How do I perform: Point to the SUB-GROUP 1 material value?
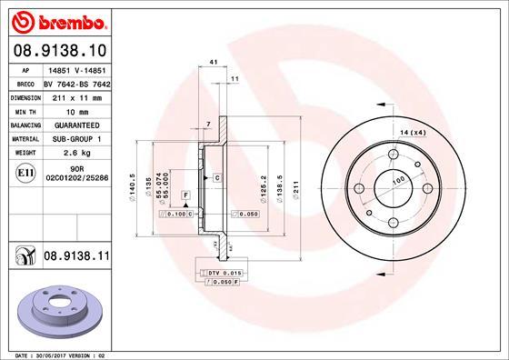(79, 139)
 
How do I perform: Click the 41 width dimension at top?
(213, 61)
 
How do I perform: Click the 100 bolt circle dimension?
(397, 181)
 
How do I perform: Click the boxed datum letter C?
(217, 177)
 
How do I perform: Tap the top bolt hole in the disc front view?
(392, 155)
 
